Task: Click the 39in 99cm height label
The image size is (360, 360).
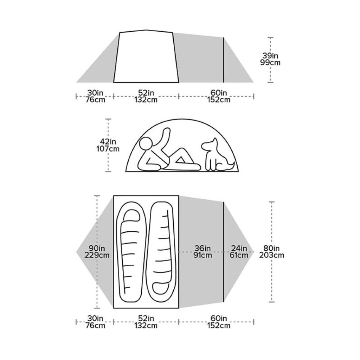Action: (270, 59)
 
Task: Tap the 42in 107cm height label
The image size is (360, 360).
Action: (108, 145)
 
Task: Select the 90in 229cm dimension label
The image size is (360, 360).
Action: (97, 252)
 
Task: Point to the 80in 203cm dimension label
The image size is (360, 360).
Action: (272, 252)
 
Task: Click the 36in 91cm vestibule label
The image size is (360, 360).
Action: (202, 252)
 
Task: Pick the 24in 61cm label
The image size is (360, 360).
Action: (239, 252)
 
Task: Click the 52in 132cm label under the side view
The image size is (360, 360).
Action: (146, 96)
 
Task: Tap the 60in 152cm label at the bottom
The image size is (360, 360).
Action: (219, 322)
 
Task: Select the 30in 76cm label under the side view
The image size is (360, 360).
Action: (95, 96)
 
